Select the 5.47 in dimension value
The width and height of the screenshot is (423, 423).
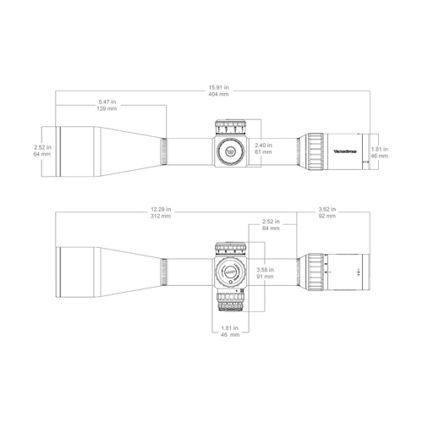107,103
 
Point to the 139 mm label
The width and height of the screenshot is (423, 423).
107,110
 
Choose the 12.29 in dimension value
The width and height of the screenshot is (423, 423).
160,209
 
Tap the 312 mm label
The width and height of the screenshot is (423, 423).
160,216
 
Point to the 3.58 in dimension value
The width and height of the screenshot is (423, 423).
264,270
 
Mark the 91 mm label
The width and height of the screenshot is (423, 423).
264,277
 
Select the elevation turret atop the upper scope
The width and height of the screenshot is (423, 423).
229,127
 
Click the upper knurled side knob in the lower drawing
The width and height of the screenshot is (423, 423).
229,248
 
